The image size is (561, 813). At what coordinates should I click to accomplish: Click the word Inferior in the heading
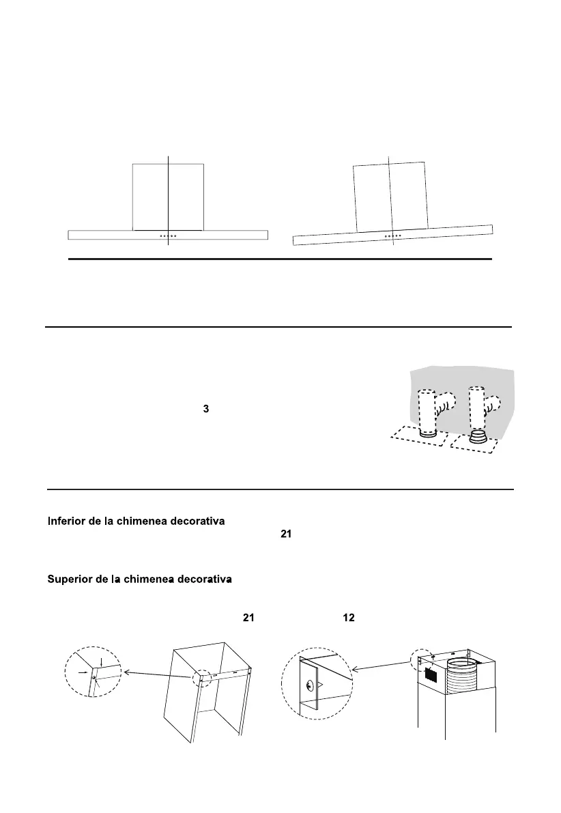tap(67, 522)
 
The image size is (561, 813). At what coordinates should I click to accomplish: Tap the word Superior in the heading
tap(70, 580)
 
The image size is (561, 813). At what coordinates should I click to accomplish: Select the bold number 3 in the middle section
tap(205, 408)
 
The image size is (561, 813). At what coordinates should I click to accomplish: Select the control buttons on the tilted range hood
tap(393, 237)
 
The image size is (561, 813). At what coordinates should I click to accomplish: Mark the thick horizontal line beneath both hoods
tap(280, 259)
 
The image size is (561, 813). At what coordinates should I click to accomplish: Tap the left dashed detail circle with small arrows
tap(93, 672)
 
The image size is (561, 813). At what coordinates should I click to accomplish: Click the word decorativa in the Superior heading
tap(199, 580)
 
